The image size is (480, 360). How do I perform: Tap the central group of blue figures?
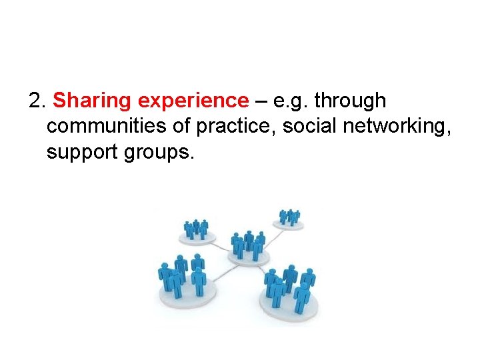pos(249,247)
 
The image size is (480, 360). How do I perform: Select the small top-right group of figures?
pos(289,218)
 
